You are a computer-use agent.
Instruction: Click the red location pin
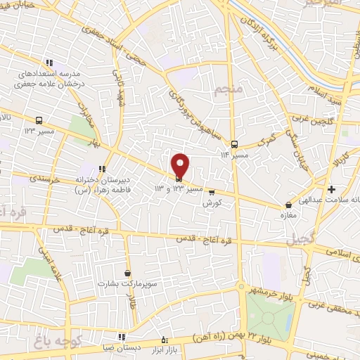tap(180, 165)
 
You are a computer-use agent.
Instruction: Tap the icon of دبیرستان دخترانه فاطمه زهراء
tap(102, 169)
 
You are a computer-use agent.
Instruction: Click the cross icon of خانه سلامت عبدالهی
tap(331, 188)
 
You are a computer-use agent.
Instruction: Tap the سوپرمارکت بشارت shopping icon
tap(127, 273)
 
